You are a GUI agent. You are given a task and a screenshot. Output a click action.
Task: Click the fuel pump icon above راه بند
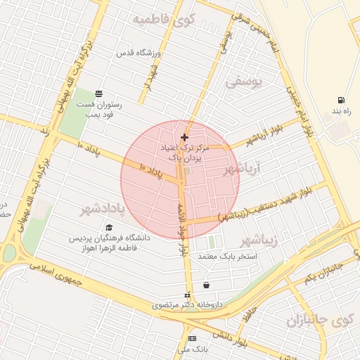coord(341,100)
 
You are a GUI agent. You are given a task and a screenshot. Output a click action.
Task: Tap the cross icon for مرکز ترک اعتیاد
coord(184,137)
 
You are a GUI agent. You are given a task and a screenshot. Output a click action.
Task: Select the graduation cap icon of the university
coord(108,228)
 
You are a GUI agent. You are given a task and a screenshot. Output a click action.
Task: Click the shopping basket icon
coord(206,285)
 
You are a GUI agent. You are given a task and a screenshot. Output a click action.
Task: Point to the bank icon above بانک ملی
coord(192,339)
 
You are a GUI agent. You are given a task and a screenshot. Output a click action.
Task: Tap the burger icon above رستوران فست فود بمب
coord(98,94)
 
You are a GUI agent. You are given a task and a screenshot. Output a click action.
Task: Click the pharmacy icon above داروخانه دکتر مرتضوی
coord(187,295)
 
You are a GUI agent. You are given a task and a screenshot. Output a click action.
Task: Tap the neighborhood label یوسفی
coord(243,83)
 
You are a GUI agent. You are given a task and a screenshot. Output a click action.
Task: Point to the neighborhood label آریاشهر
coord(242,169)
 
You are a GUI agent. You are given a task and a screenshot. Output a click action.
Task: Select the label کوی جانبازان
coord(319,321)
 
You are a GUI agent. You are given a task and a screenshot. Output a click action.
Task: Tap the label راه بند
coord(341,111)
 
